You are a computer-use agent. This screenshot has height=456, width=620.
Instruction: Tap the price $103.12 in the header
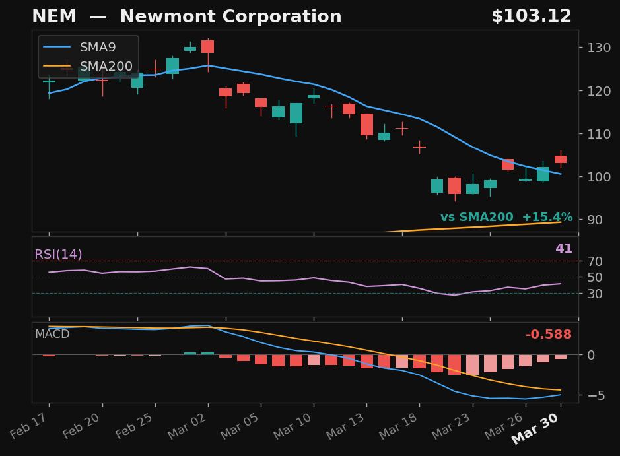tap(531, 17)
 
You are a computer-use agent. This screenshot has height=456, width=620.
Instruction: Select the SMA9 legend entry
tap(98, 48)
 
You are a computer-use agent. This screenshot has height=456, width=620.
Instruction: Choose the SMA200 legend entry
tap(106, 66)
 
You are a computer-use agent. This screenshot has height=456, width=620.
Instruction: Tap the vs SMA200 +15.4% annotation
tap(506, 218)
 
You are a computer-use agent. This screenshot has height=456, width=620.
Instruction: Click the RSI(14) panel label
tap(58, 255)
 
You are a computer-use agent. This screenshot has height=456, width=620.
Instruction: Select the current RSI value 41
tap(563, 249)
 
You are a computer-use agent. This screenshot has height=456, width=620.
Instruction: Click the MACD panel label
tap(52, 334)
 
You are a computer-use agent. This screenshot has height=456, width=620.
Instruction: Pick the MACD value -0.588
tap(548, 335)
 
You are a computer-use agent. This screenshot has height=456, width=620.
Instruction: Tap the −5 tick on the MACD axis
tap(592, 395)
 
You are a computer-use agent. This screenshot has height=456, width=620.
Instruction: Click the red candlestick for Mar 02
tap(207, 47)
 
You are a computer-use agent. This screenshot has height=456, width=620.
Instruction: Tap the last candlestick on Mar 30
tap(560, 159)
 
